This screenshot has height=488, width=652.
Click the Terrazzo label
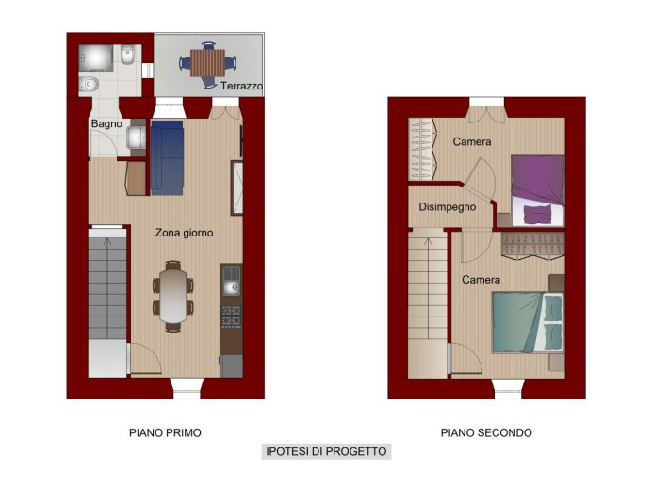241,86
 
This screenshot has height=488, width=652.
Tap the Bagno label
106,123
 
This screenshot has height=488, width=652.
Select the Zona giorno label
185,233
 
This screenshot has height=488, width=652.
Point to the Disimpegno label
447,206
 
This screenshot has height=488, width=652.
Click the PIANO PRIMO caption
165,432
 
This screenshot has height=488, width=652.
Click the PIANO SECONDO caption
486,432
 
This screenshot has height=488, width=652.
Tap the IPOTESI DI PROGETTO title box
326,451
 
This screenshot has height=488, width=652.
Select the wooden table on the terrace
207,63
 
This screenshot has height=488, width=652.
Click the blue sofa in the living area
167,157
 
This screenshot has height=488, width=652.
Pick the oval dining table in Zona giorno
173,296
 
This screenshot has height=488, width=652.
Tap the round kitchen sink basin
232,287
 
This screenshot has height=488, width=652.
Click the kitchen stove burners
231,316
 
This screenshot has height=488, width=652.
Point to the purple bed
538,190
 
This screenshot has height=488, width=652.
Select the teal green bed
528,322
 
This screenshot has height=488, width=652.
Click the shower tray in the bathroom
96,58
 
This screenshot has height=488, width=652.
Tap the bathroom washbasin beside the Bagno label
137,137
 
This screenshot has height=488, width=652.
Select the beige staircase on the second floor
428,303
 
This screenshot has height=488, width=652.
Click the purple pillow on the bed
537,215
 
